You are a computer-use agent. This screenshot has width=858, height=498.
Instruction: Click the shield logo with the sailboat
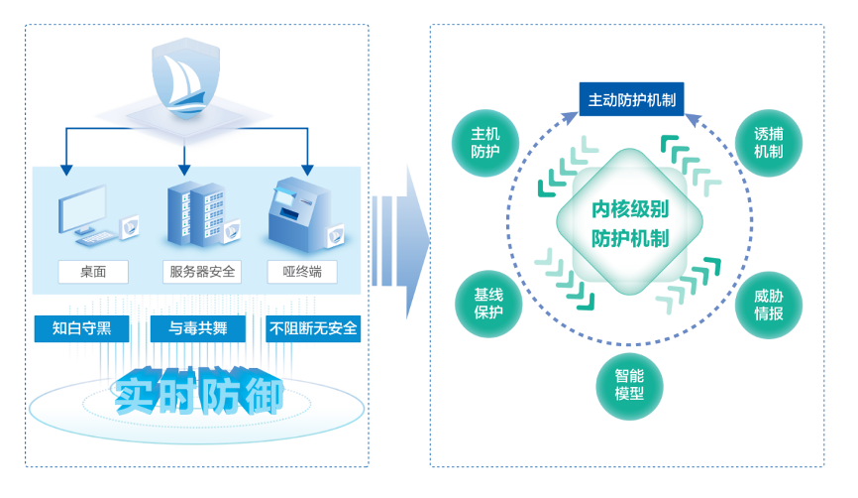point(183,77)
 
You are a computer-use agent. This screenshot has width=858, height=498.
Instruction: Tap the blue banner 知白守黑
point(81,328)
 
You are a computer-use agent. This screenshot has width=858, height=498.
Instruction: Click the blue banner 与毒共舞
point(198,328)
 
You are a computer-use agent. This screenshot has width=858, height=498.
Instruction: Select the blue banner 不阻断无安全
point(313,328)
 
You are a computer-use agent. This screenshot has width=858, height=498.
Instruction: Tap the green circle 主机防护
point(485,143)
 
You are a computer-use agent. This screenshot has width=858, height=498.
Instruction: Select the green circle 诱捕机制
point(768,143)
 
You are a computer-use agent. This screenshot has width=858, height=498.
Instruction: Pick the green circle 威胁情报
point(768,305)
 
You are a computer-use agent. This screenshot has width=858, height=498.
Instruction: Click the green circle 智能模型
point(629,385)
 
